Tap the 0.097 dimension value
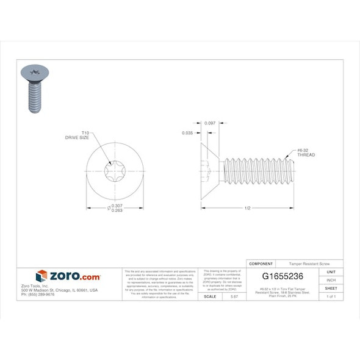click(210, 123)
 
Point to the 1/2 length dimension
click(247, 209)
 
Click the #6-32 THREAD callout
click(306, 152)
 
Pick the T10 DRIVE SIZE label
click(77, 135)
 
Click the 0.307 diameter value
click(117, 206)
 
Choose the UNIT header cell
click(331, 271)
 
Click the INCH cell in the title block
click(331, 279)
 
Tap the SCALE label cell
click(209, 296)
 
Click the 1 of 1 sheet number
click(331, 296)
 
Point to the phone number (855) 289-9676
click(38, 294)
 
